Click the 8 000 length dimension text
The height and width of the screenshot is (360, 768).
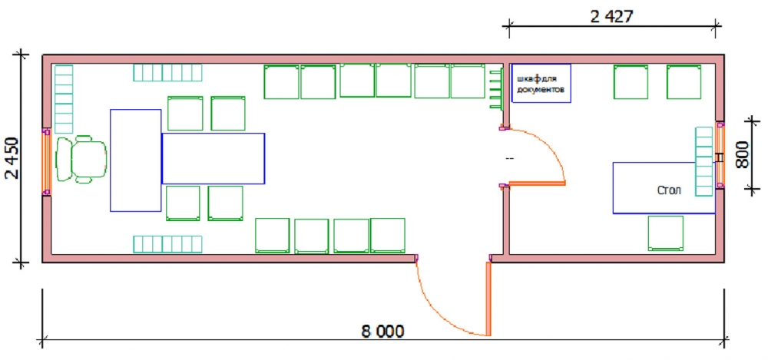(383, 332)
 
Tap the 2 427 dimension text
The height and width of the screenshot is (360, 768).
(612, 17)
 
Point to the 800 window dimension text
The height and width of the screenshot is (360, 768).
(742, 155)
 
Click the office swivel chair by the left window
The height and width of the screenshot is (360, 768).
(81, 160)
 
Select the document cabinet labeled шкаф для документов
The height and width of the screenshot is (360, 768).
(541, 83)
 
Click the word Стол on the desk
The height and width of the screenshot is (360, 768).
(669, 190)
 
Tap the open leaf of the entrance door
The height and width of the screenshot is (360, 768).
(488, 299)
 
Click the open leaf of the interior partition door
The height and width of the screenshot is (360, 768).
(538, 183)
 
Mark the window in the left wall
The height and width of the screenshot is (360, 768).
(45, 163)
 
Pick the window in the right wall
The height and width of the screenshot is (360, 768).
(720, 155)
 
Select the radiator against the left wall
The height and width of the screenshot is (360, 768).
(64, 99)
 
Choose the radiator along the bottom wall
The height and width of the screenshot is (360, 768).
(168, 244)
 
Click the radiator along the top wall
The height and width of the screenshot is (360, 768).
(168, 72)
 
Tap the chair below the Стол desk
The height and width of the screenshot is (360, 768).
(666, 233)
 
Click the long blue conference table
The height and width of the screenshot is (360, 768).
(213, 158)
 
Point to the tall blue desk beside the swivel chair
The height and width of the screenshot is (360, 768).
(136, 160)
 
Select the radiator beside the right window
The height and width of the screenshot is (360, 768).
(704, 162)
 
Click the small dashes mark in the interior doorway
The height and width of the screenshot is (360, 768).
(509, 158)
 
